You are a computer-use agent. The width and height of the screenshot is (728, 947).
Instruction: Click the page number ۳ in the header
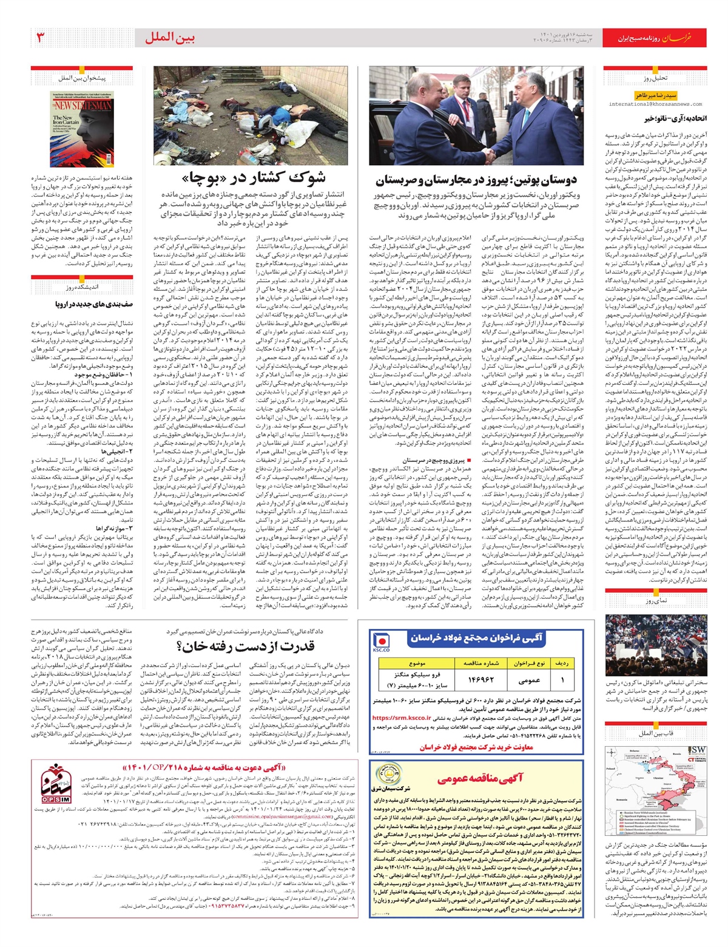click(x=41, y=38)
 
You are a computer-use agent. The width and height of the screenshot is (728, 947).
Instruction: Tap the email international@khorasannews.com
click(x=655, y=104)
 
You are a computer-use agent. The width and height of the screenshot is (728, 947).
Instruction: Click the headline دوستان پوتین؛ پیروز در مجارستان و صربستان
click(x=476, y=180)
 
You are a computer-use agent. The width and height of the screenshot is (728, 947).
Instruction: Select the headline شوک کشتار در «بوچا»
click(x=253, y=177)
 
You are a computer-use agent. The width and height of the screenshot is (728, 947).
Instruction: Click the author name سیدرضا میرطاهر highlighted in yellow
click(x=655, y=95)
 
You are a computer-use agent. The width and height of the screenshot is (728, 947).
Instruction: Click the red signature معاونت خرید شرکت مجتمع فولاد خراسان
click(x=476, y=747)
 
